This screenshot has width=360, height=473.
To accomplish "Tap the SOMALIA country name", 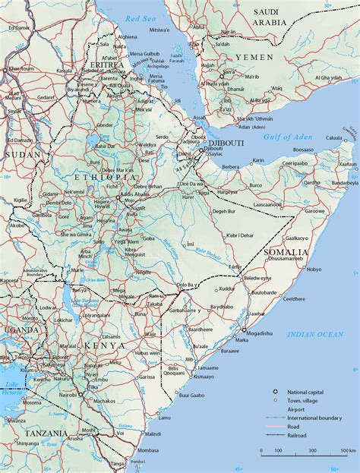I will pyautogui.click(x=285, y=251).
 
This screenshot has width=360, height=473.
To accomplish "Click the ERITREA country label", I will pyautogui.click(x=106, y=65).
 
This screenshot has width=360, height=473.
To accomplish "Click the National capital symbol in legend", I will pyautogui.click(x=276, y=391).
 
